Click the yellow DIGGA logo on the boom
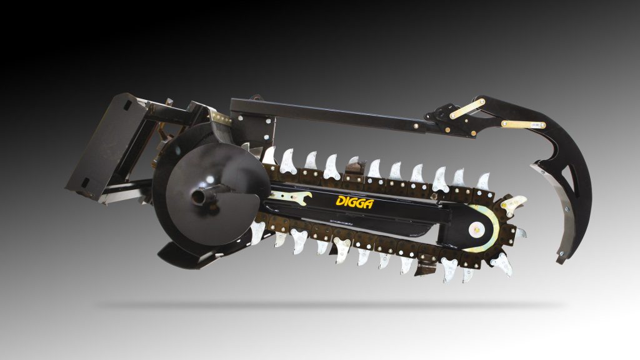click(354, 202)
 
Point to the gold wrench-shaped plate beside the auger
click(290, 197)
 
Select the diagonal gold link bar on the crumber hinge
click(467, 109)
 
